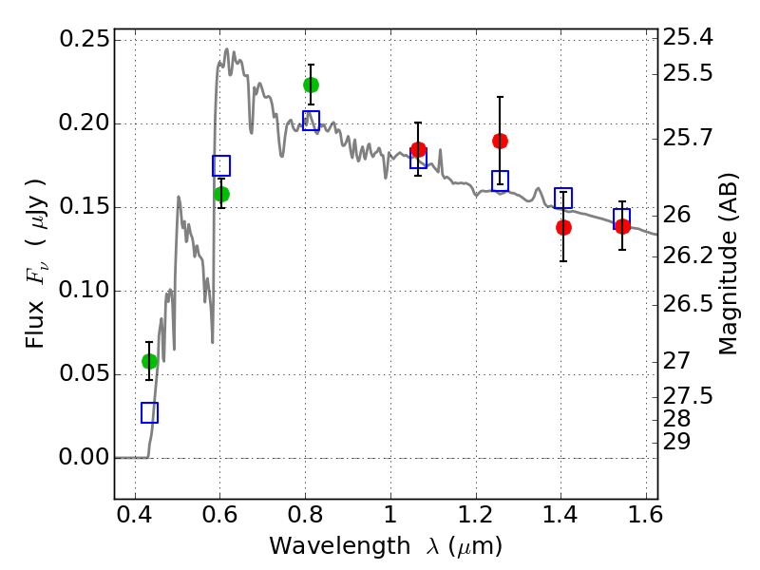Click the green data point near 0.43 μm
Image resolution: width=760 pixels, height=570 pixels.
pyautogui.click(x=149, y=361)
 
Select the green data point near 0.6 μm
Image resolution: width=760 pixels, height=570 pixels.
pyautogui.click(x=221, y=194)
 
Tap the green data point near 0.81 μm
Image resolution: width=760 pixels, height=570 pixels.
pyautogui.click(x=311, y=85)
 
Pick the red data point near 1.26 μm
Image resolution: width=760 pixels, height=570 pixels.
pyautogui.click(x=500, y=141)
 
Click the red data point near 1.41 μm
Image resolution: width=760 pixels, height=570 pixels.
pyautogui.click(x=563, y=227)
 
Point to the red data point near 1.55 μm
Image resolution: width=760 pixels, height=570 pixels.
pyautogui.click(x=622, y=226)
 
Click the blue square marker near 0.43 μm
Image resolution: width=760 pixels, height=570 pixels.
pyautogui.click(x=149, y=412)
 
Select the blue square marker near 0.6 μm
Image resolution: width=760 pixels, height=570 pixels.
pyautogui.click(x=221, y=166)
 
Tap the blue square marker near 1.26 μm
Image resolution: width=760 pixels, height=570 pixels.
pyautogui.click(x=500, y=180)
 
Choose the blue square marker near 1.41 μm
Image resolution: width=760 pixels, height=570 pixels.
pyautogui.click(x=563, y=198)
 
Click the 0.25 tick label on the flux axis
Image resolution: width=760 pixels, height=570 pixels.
pyautogui.click(x=83, y=40)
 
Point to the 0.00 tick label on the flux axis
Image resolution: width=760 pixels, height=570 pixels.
pyautogui.click(x=83, y=458)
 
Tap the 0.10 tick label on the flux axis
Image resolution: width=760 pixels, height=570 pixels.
pyautogui.click(x=83, y=291)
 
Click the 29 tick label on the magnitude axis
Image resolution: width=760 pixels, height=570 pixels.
pyautogui.click(x=680, y=442)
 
